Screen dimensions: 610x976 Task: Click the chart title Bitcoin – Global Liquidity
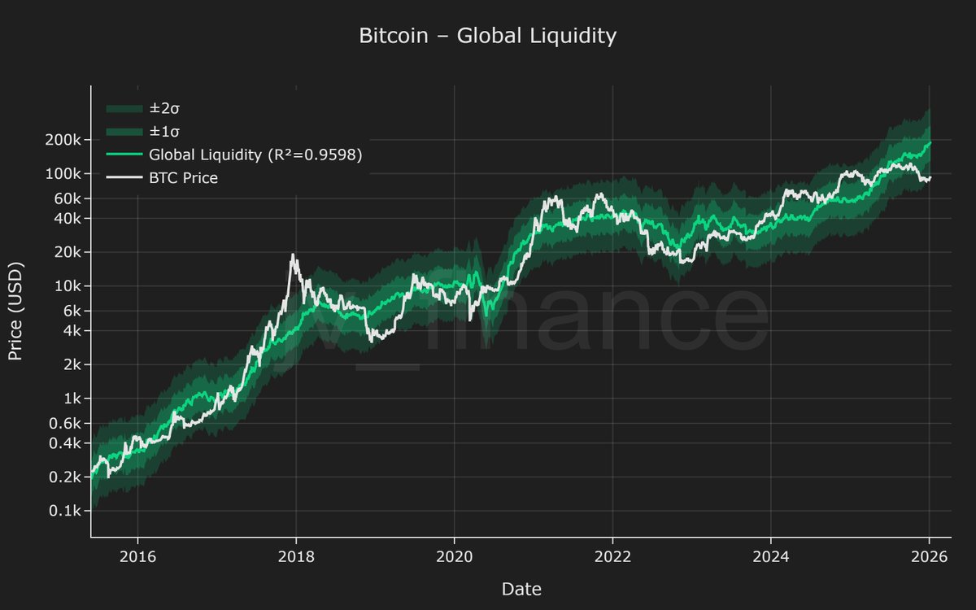488,37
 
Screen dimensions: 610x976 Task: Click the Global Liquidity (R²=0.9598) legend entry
255,154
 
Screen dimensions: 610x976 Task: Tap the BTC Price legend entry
183,176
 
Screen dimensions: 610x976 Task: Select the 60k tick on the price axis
68,198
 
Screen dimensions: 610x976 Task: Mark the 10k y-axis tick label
68,286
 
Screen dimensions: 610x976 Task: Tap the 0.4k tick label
65,443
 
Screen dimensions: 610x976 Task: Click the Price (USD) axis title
15,312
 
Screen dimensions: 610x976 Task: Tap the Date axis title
521,589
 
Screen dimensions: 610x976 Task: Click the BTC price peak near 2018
293,255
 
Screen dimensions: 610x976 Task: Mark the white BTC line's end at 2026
930,178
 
